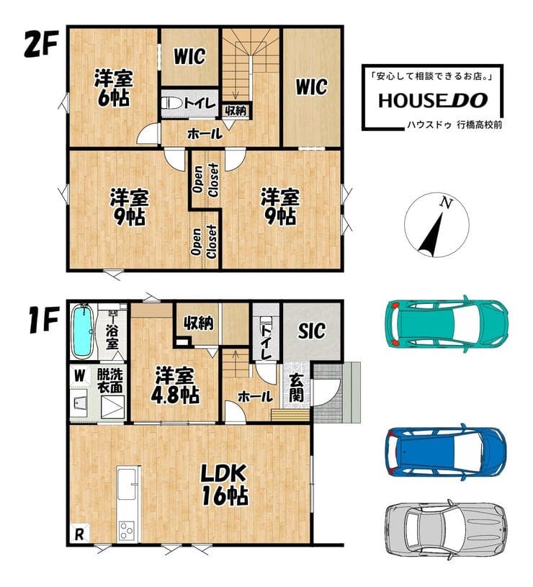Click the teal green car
pyautogui.click(x=447, y=325)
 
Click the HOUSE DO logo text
pyautogui.click(x=433, y=100)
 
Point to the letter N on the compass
pyautogui.click(x=445, y=203)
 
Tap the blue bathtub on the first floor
pyautogui.click(x=83, y=331)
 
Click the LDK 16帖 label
pyautogui.click(x=224, y=485)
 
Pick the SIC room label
pyautogui.click(x=311, y=331)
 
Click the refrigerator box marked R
pyautogui.click(x=79, y=534)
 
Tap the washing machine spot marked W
pyautogui.click(x=79, y=375)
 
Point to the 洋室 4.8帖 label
pyautogui.click(x=175, y=385)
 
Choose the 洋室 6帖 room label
pyautogui.click(x=113, y=88)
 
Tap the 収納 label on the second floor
pyautogui.click(x=236, y=110)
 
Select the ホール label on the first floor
pyautogui.click(x=255, y=397)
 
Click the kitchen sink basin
pyautogui.click(x=127, y=484)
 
